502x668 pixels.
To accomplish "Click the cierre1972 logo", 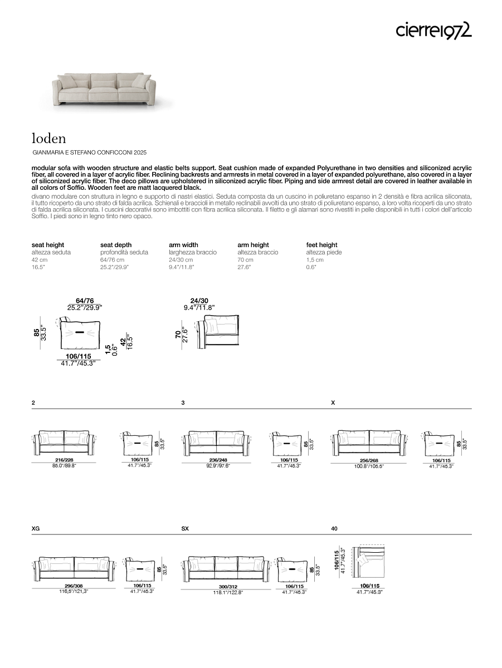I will [434, 30].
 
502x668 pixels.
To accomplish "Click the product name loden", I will [49, 137].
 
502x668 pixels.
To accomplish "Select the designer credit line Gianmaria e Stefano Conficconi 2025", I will [90, 152].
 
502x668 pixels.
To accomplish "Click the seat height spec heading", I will [48, 245].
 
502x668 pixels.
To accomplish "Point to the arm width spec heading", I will [183, 245].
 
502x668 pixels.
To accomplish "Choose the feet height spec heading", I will [322, 245].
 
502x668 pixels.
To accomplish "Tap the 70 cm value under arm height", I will [245, 260].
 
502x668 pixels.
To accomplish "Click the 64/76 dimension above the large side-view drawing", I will [85, 301].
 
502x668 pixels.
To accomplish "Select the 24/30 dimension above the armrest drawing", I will [199, 301].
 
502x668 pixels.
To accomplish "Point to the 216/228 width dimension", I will [65, 460].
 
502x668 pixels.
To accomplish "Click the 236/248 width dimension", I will [218, 460].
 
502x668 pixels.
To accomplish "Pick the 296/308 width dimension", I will [74, 586].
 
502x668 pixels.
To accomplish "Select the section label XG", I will [36, 528].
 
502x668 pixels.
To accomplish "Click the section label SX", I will [185, 528].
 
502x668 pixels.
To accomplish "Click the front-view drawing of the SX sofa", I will [226, 567].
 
